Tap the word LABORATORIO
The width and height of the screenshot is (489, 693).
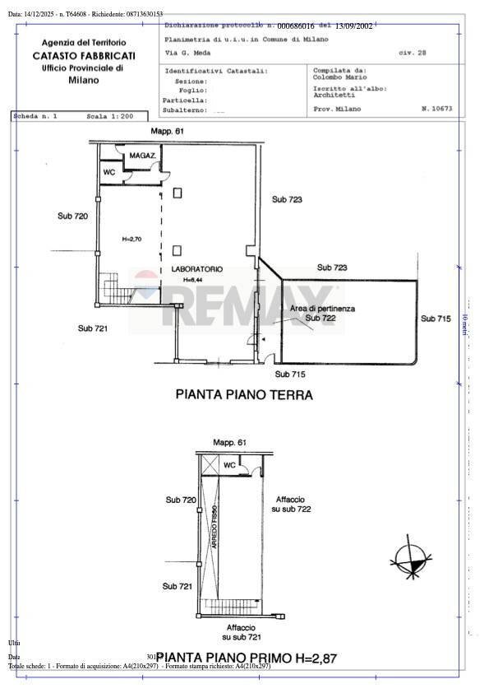pyautogui.click(x=196, y=269)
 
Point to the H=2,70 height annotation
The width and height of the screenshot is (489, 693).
pyautogui.click(x=131, y=239)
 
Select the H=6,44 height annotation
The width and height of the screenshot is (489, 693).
pyautogui.click(x=193, y=280)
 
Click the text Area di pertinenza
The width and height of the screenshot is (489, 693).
pyautogui.click(x=322, y=309)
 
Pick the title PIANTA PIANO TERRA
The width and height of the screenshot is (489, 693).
pyautogui.click(x=244, y=394)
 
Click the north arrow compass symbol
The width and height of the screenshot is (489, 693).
pyautogui.click(x=408, y=559)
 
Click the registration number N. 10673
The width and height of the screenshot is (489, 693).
pyautogui.click(x=436, y=109)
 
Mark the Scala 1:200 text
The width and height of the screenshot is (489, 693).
pyautogui.click(x=109, y=117)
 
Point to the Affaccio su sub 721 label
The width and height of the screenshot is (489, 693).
pyautogui.click(x=242, y=631)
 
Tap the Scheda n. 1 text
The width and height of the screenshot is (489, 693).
pyautogui.click(x=35, y=117)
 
